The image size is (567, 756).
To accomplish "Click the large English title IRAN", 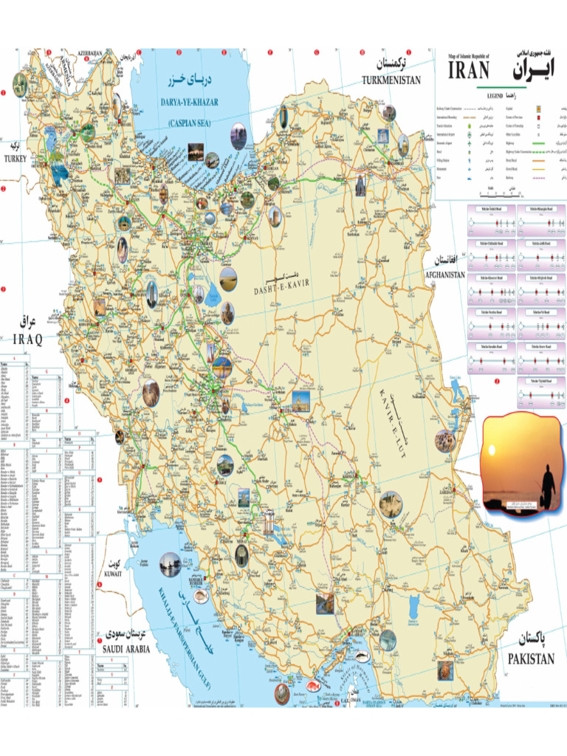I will click(470, 70).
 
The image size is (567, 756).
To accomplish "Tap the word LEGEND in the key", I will click(495, 96).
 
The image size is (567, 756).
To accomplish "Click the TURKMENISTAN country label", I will click(391, 80).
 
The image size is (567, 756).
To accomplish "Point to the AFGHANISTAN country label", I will click(445, 275).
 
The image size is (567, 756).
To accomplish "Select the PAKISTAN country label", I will click(530, 659).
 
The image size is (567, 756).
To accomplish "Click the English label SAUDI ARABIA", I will click(126, 649).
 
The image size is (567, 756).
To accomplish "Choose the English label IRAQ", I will click(28, 338).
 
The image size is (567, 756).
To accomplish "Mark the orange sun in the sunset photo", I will click(492, 450).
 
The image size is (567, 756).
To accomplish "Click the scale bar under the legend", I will click(502, 193).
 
